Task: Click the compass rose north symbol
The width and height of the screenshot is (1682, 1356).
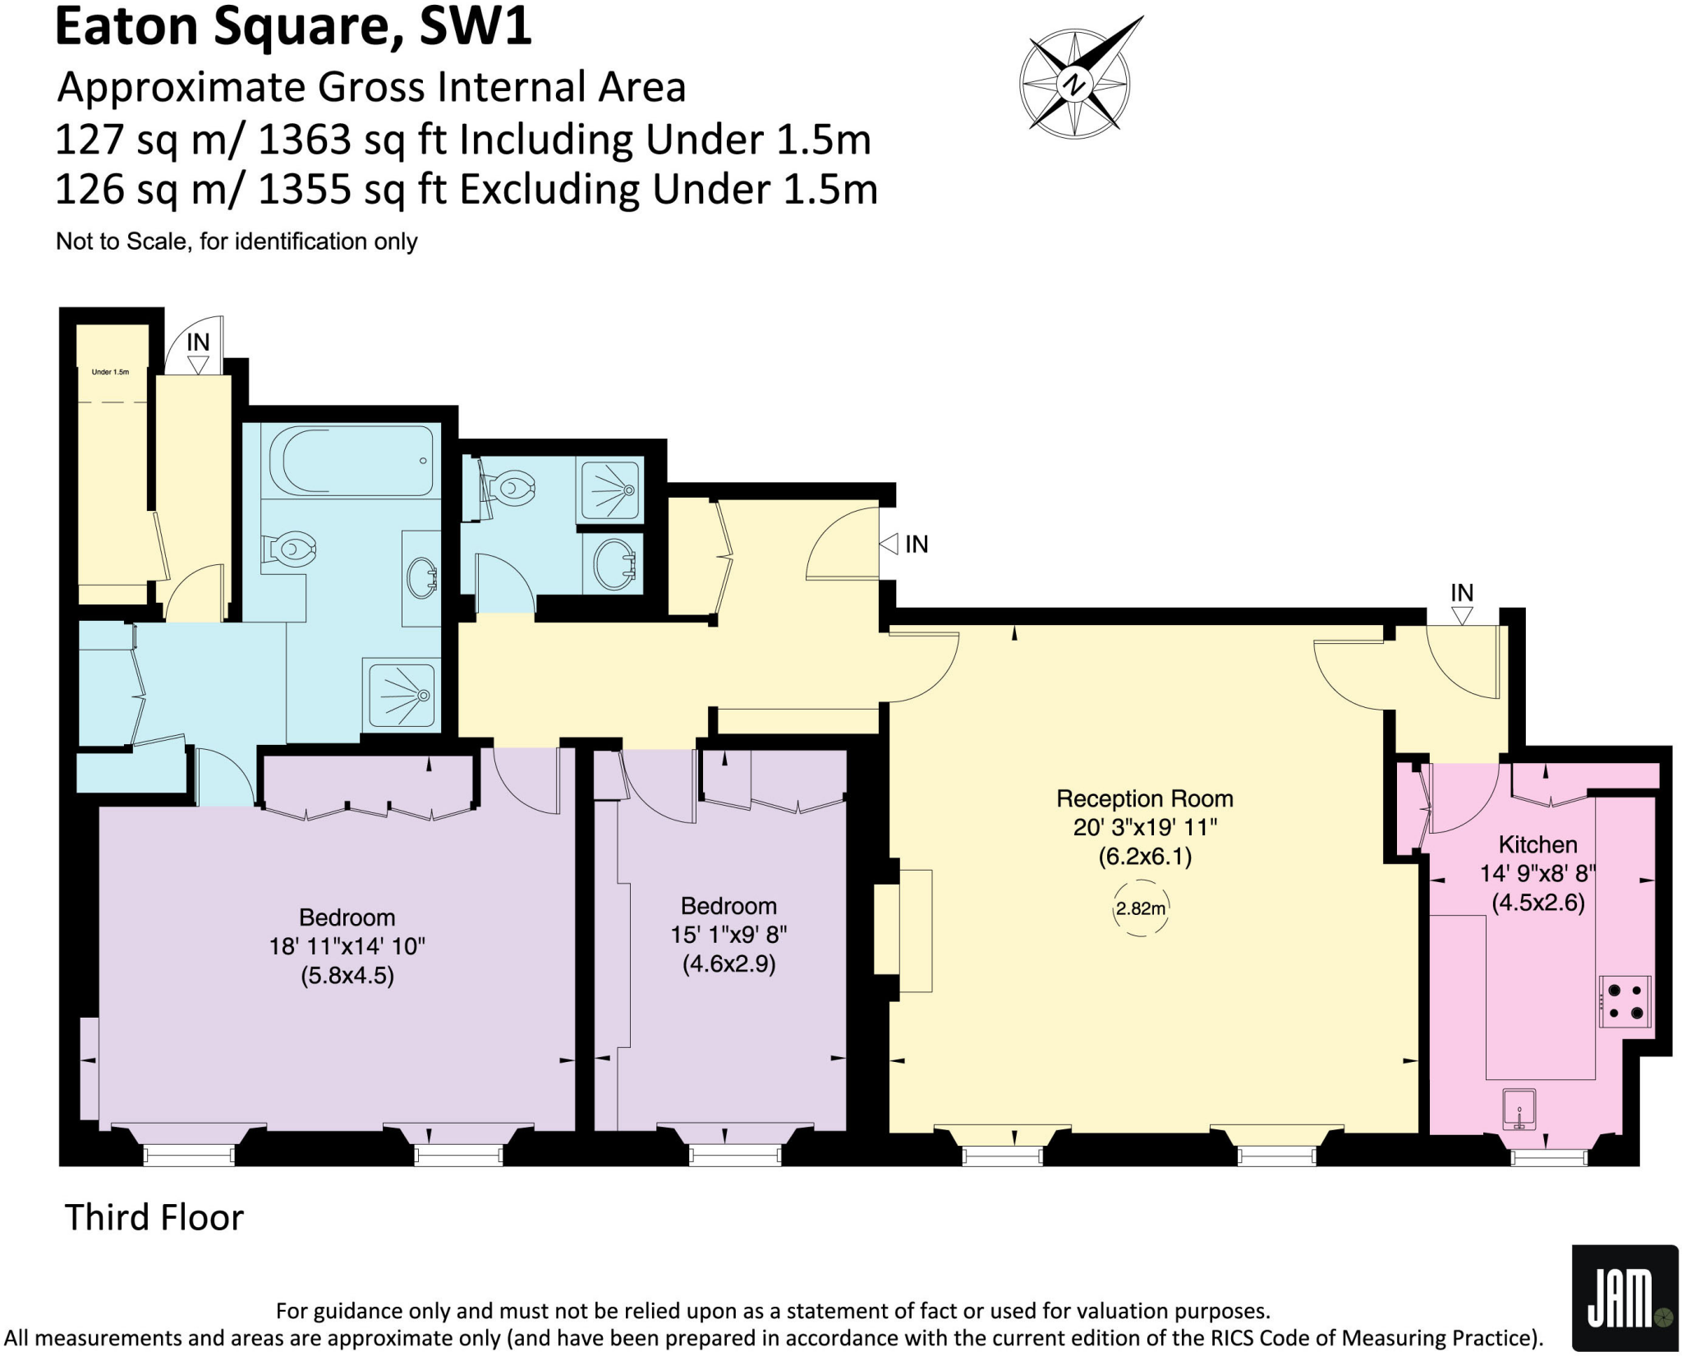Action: [x=1074, y=83]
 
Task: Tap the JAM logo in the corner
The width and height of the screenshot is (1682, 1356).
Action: [x=1623, y=1297]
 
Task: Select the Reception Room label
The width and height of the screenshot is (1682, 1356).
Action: [x=1144, y=798]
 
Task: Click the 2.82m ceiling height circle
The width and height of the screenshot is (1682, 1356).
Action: [x=1140, y=908]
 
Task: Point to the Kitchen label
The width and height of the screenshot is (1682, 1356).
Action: [x=1537, y=844]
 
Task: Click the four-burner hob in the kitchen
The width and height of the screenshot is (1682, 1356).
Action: [x=1625, y=1001]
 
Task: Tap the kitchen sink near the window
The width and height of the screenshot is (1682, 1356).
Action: [x=1519, y=1109]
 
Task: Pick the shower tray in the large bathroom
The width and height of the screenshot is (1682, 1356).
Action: [x=402, y=695]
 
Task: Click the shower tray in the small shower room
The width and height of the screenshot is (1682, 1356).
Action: [x=609, y=490]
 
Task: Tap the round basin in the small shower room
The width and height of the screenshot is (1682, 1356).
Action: [x=614, y=563]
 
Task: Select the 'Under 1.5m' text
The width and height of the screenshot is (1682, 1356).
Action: [x=110, y=372]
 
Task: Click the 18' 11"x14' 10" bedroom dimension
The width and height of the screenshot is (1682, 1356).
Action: [x=347, y=946]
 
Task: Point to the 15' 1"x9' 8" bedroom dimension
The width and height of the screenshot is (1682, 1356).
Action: [x=728, y=935]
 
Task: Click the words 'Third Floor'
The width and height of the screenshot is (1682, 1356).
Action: [x=154, y=1217]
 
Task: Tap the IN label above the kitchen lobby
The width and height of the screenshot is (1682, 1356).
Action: [x=1462, y=592]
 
